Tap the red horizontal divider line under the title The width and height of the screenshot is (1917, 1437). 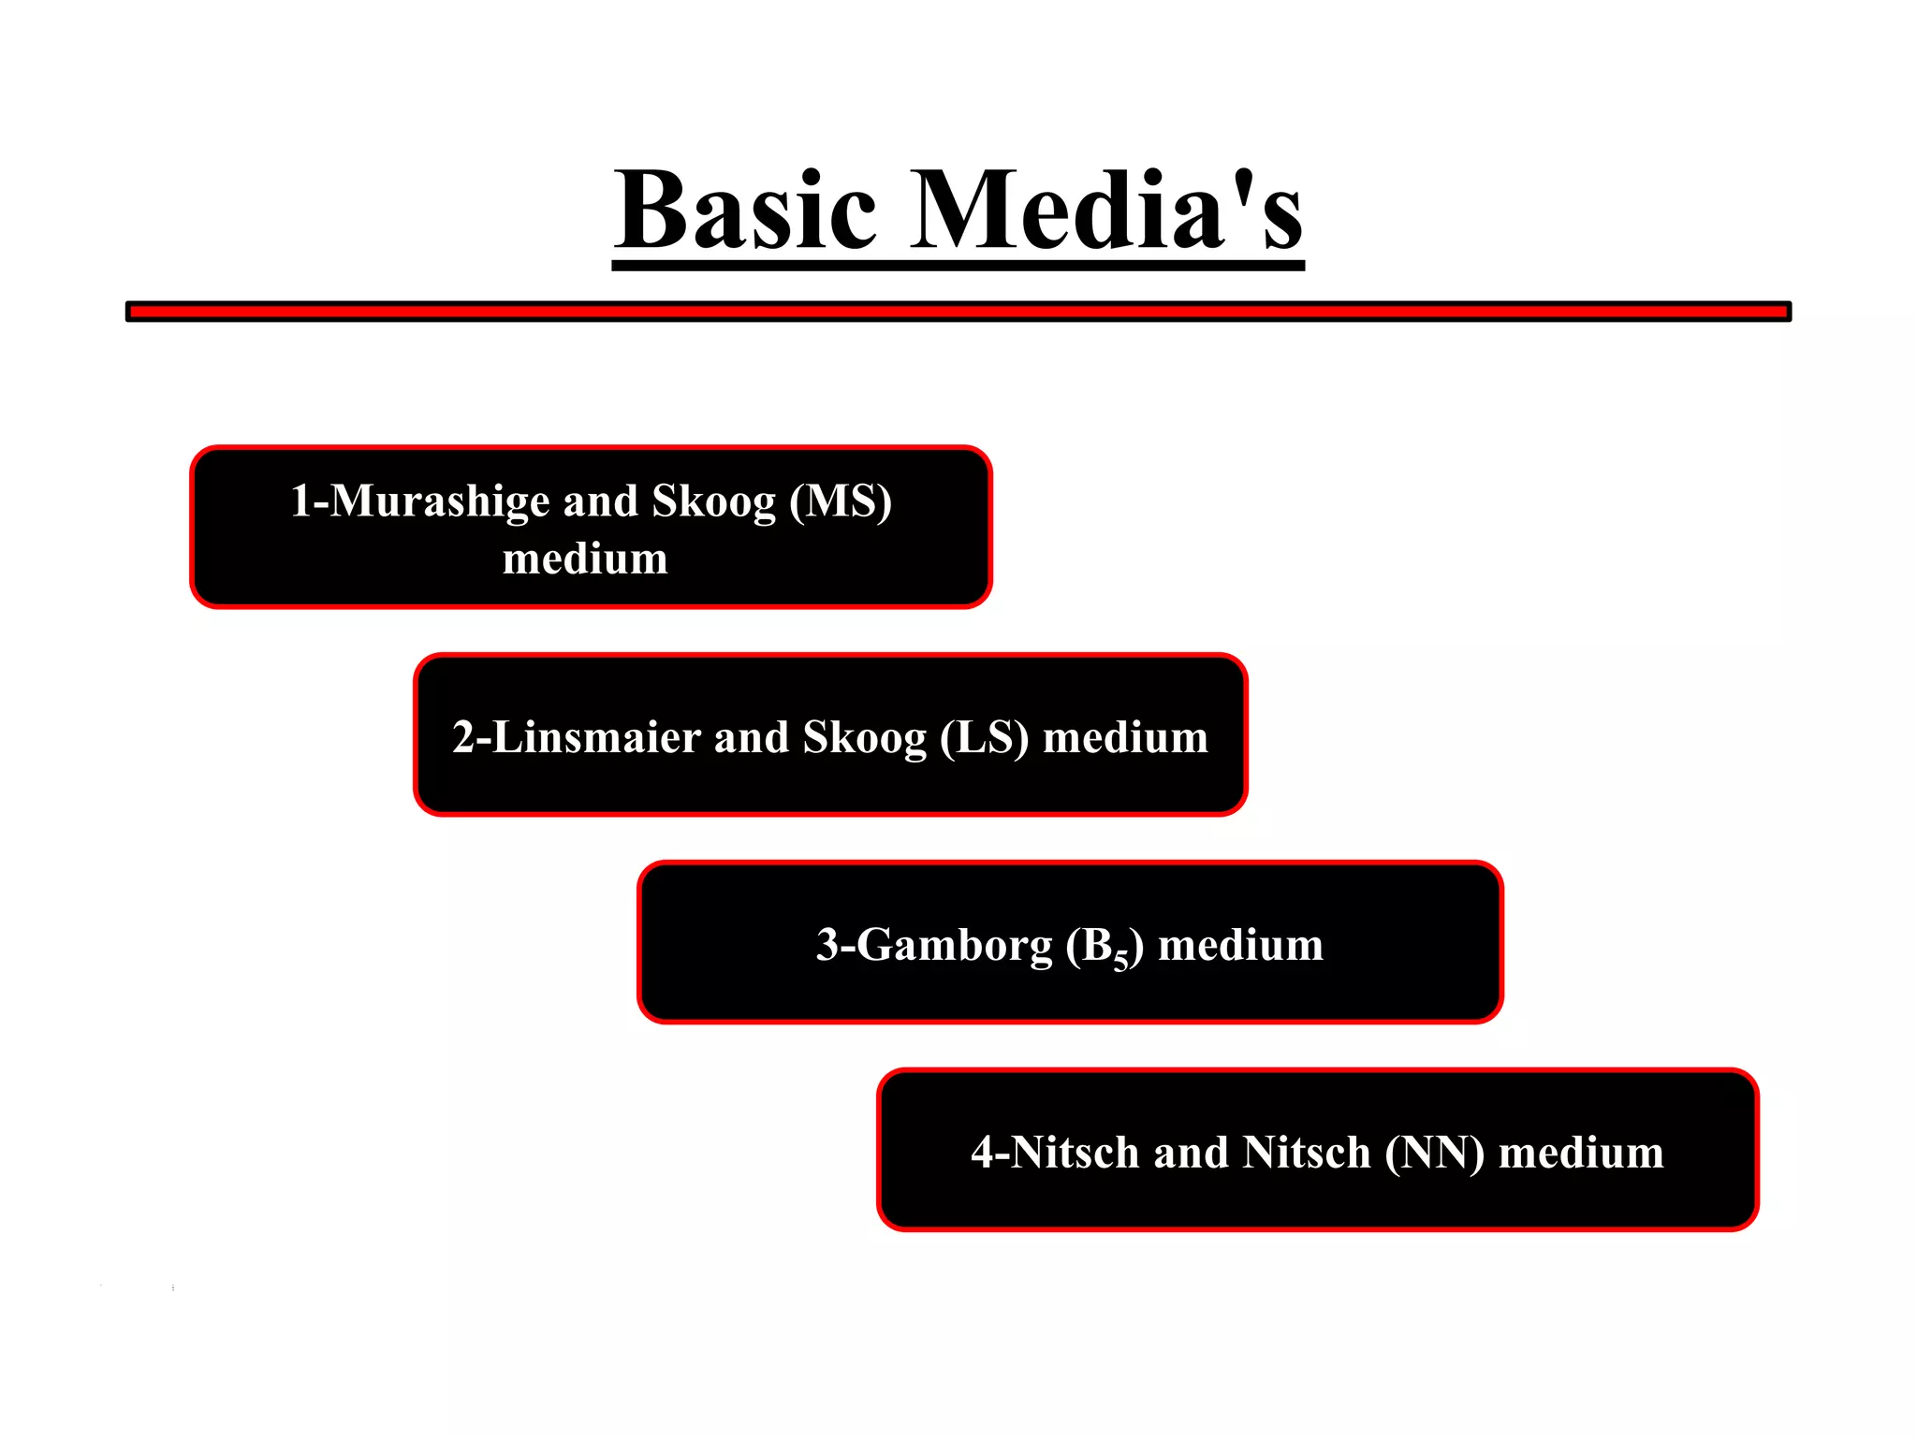click(x=958, y=312)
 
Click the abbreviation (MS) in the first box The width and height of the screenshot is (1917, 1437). click(x=840, y=501)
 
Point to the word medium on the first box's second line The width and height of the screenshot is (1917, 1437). click(x=585, y=559)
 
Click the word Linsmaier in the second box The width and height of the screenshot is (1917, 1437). click(x=595, y=737)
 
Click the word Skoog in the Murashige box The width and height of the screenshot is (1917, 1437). click(x=713, y=501)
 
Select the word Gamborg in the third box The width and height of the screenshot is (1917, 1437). click(x=954, y=945)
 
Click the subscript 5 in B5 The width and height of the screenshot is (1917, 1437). click(x=1120, y=961)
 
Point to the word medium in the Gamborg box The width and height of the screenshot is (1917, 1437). click(x=1241, y=945)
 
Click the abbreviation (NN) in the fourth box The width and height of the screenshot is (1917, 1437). click(x=1435, y=1153)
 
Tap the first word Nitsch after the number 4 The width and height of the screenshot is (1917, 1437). click(x=1075, y=1153)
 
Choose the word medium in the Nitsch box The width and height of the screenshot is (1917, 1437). click(x=1581, y=1153)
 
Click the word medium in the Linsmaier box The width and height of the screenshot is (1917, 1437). click(x=1125, y=737)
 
